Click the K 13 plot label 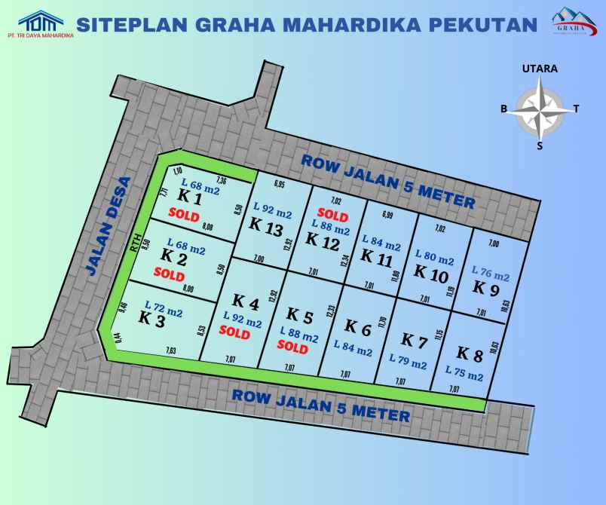click(265, 225)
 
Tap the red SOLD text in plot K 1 click(184, 215)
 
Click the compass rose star click(540, 110)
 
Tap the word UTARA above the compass click(540, 69)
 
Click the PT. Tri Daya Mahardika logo click(46, 23)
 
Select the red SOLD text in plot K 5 click(292, 348)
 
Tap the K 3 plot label click(152, 318)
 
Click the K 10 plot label click(431, 273)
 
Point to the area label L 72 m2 click(164, 307)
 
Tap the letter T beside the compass click(577, 109)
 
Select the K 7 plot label click(414, 341)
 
